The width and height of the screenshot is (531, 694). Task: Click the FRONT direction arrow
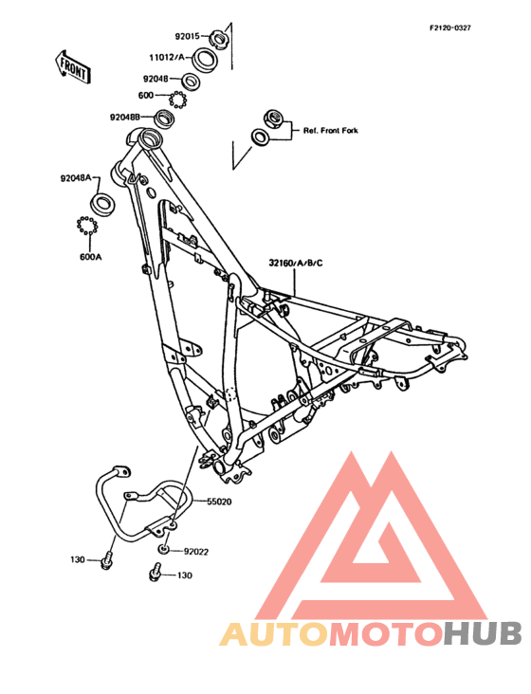pyautogui.click(x=72, y=66)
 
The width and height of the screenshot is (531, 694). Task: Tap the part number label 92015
pyautogui.click(x=188, y=36)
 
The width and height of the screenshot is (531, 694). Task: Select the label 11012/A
pyautogui.click(x=167, y=57)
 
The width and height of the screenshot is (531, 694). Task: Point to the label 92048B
pyautogui.click(x=125, y=118)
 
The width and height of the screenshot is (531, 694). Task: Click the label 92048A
pyautogui.click(x=76, y=178)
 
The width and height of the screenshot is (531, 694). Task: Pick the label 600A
pyautogui.click(x=90, y=257)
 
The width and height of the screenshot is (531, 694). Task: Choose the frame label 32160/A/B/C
pyautogui.click(x=296, y=263)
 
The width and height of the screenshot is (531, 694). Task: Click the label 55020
pyautogui.click(x=219, y=502)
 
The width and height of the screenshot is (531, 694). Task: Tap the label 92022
pyautogui.click(x=196, y=552)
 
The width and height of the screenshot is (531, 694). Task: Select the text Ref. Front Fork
pyautogui.click(x=331, y=131)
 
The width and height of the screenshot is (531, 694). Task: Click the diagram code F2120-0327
pyautogui.click(x=450, y=27)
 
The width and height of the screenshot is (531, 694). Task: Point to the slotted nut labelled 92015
pyautogui.click(x=218, y=39)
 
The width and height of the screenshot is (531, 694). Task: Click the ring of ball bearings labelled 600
pyautogui.click(x=177, y=99)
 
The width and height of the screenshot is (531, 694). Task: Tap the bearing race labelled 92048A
pyautogui.click(x=101, y=203)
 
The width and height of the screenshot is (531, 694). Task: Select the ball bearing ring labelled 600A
pyautogui.click(x=87, y=226)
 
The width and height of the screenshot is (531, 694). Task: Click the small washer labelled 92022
pyautogui.click(x=163, y=550)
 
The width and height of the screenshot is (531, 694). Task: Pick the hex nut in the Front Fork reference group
pyautogui.click(x=273, y=119)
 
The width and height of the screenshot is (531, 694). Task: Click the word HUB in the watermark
pyautogui.click(x=484, y=633)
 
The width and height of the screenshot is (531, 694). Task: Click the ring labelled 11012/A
pyautogui.click(x=204, y=58)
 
